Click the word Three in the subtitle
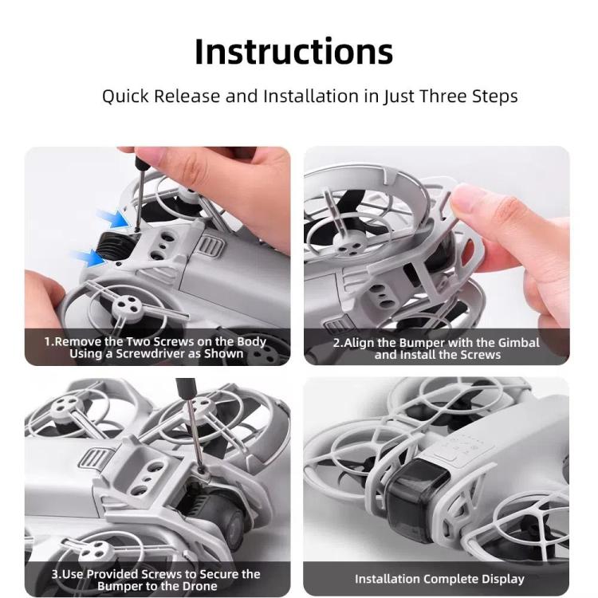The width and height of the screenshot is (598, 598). pyautogui.click(x=440, y=96)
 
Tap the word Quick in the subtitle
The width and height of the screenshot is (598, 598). pyautogui.click(x=126, y=96)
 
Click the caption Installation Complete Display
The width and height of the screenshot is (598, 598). pyautogui.click(x=439, y=579)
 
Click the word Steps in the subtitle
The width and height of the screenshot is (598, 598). pyautogui.click(x=495, y=96)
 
